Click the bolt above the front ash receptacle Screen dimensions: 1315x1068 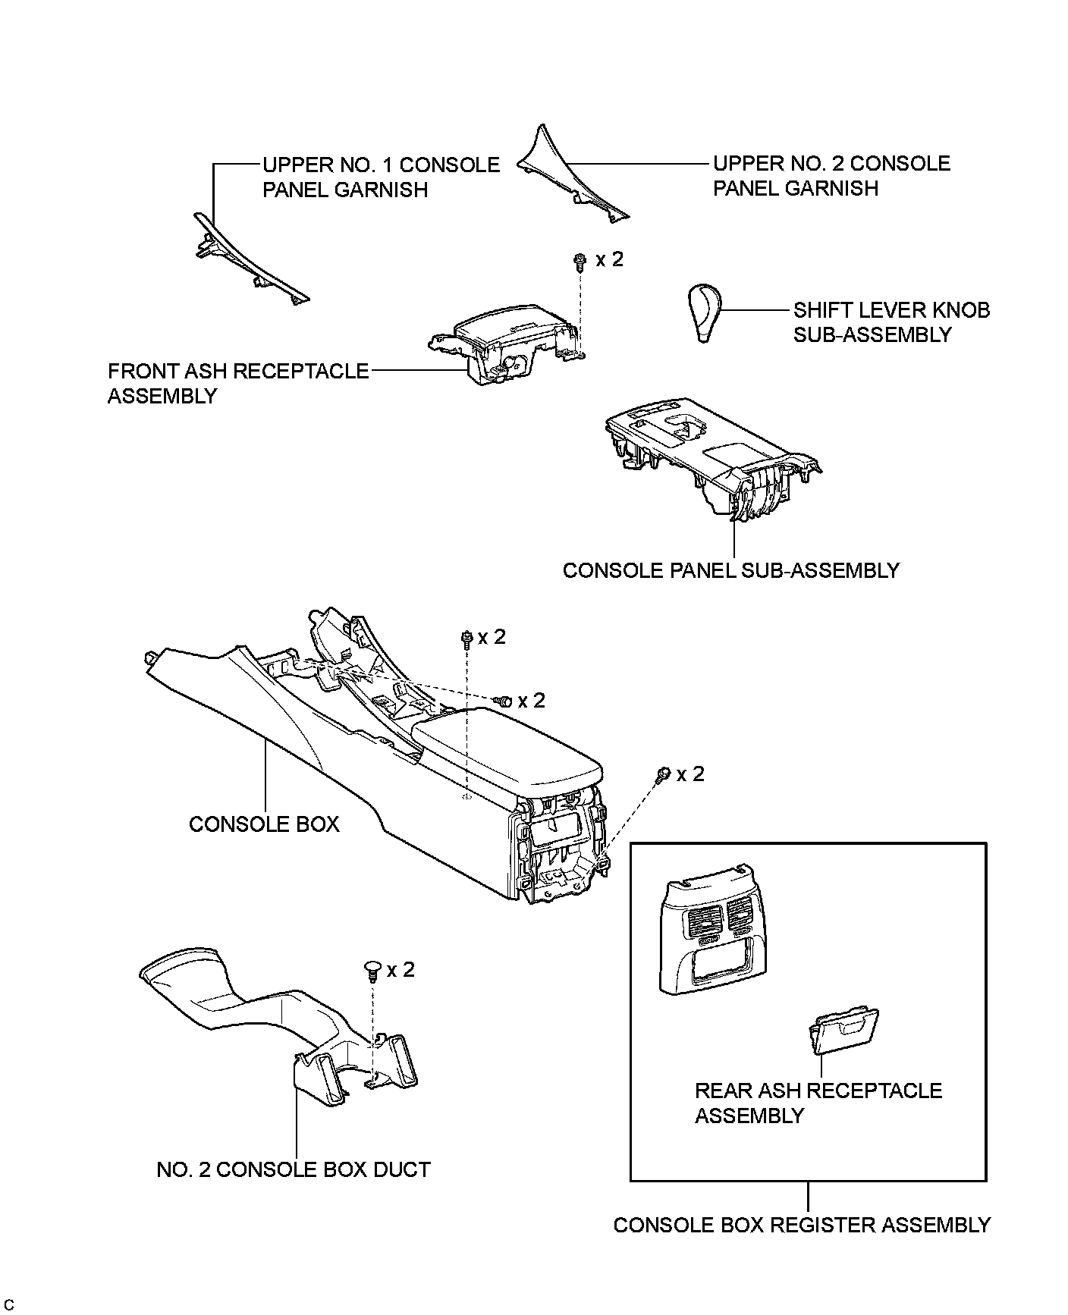pos(579,262)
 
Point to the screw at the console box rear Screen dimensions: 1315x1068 pos(662,774)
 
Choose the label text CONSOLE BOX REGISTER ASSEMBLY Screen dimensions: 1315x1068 pos(802,1225)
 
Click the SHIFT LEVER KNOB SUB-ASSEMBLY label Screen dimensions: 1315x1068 pos(891,322)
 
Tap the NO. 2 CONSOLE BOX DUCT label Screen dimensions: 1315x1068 pos(294,1169)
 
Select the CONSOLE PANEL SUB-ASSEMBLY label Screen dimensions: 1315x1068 pos(730,570)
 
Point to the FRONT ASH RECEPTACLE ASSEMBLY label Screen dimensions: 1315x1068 pos(237,383)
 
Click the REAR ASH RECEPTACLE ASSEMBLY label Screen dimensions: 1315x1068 pos(818,1103)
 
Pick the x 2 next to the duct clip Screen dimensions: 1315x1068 pos(400,969)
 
